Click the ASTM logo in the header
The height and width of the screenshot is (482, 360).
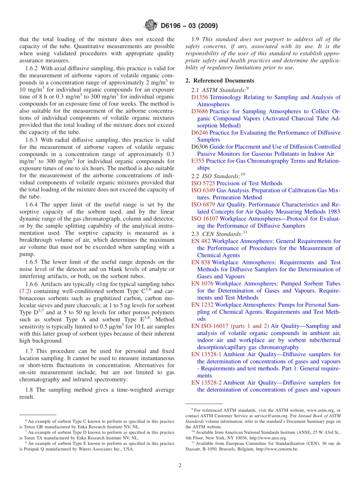(x=151, y=26)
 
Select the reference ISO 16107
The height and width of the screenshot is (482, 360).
(x=205, y=219)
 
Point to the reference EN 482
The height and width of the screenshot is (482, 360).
(x=201, y=241)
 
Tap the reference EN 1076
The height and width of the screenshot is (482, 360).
(x=202, y=283)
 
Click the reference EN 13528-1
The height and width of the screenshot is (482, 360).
(x=207, y=354)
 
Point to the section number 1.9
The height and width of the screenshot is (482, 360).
(x=196, y=39)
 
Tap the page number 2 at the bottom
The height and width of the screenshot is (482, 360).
(x=180, y=465)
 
